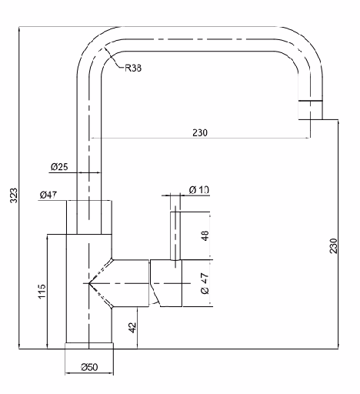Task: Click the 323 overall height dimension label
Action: click(14, 195)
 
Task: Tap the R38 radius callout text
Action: click(133, 68)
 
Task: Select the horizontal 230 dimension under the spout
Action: click(200, 132)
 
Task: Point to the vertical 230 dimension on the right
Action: click(333, 245)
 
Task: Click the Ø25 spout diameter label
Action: click(59, 167)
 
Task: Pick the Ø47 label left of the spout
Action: click(48, 195)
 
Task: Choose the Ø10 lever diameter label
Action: click(199, 190)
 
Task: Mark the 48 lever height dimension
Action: click(205, 235)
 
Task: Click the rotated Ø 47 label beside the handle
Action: click(205, 283)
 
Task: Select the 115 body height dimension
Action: click(42, 291)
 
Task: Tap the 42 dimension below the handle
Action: click(132, 328)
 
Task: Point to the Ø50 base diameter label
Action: click(89, 367)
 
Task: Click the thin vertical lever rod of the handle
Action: click(175, 236)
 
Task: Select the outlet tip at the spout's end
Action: click(310, 110)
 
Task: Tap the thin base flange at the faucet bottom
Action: click(89, 346)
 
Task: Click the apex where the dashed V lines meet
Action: click(88, 283)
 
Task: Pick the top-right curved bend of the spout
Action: click(305, 44)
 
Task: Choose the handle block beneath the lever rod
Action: click(166, 283)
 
